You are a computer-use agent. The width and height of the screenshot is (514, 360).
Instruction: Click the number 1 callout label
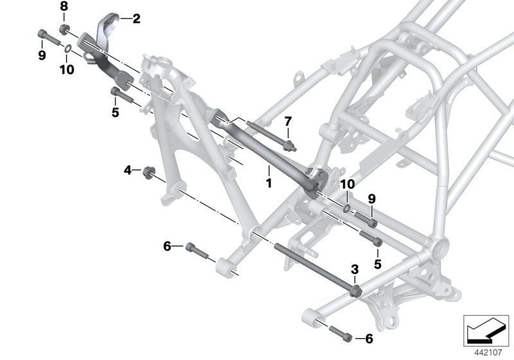269,183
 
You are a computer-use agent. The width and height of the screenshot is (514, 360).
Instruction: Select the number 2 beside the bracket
136,19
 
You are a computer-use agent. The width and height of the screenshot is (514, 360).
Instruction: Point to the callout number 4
128,170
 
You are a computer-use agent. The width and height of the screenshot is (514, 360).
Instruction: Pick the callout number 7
288,122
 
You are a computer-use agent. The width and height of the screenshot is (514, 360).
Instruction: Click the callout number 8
64,6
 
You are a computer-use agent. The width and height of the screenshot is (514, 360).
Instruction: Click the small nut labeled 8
64,28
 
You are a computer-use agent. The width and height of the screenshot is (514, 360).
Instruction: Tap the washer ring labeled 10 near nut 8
68,47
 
